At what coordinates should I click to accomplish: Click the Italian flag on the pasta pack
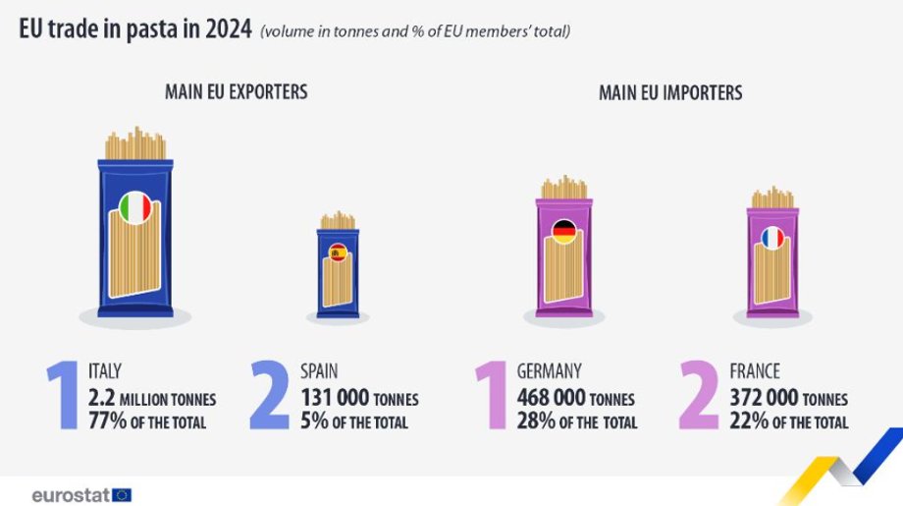135,207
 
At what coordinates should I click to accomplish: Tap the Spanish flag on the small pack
339,253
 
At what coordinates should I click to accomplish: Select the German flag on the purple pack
564,232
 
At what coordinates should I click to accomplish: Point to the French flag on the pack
772,237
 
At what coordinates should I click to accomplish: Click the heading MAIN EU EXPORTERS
236,92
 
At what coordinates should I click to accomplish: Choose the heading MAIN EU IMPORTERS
670,93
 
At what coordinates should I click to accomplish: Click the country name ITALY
105,371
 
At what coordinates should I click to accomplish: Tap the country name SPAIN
319,371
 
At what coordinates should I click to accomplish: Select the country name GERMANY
550,371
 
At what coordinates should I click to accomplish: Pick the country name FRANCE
755,371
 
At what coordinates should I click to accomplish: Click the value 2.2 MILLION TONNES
152,398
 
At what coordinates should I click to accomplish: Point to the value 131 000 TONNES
359,398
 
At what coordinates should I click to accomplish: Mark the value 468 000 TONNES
575,398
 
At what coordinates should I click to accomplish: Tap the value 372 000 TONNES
788,398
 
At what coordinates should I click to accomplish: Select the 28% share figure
536,422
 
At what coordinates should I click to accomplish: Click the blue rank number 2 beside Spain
269,396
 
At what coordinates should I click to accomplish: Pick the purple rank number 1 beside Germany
492,396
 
